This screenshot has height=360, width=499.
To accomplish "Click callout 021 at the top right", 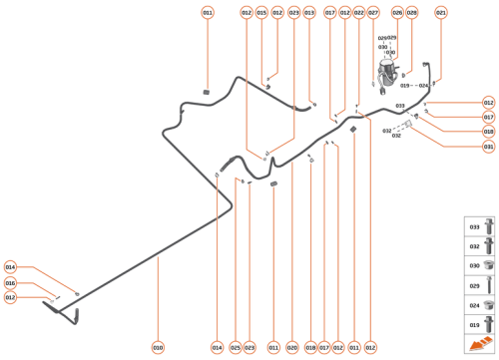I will click(441, 12).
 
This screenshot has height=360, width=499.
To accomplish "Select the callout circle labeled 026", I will click(397, 12).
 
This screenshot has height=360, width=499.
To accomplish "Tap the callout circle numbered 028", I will click(411, 12).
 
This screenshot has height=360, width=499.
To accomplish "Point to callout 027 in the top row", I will click(373, 12).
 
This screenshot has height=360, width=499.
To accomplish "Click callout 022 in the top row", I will click(358, 12).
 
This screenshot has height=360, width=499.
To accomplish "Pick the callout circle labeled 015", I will click(261, 12).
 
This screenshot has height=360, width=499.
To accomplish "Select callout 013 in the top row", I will click(309, 12).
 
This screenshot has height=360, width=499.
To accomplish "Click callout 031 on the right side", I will click(488, 147).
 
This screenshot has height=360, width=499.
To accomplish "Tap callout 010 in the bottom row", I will click(158, 347).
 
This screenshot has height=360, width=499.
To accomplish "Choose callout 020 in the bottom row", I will click(292, 347).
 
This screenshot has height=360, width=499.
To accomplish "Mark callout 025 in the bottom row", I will click(235, 347).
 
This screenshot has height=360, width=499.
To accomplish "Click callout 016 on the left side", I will click(10, 283).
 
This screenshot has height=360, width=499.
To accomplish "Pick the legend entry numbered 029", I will click(475, 286).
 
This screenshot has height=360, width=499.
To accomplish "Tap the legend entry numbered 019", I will click(475, 326).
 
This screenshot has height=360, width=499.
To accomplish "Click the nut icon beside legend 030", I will click(488, 266).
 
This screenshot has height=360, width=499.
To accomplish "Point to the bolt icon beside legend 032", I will click(488, 245).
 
